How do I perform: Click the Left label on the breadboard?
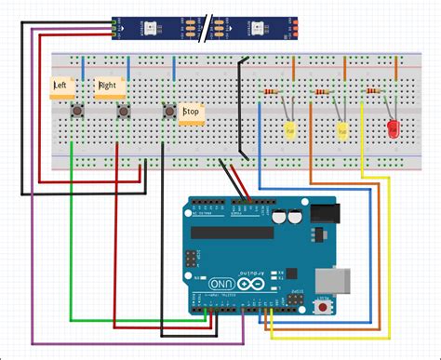click(x=60, y=87)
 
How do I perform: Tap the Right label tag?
click(x=107, y=87)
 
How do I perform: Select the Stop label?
click(x=191, y=113)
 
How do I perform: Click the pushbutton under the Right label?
click(x=123, y=112)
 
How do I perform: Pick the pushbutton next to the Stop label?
click(x=168, y=111)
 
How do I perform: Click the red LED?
click(x=393, y=128)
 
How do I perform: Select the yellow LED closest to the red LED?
click(x=342, y=129)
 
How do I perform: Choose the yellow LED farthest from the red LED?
click(x=290, y=129)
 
